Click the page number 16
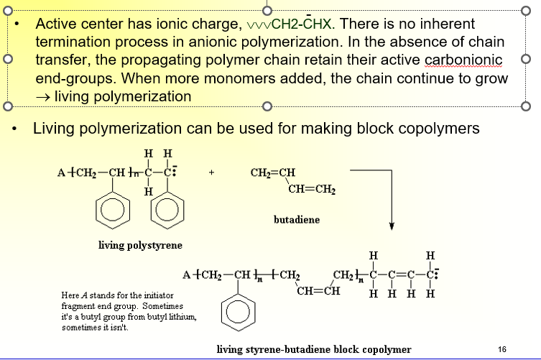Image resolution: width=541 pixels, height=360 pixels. pos(502,349)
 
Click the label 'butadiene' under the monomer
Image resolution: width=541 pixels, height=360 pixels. pos(297,220)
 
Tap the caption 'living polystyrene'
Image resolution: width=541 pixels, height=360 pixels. pos(140,245)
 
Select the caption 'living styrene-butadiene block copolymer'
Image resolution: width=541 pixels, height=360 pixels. pos(314,349)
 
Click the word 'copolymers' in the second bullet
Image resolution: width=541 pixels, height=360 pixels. pos(439,129)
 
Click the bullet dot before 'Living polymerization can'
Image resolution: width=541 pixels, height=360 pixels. pos(15,129)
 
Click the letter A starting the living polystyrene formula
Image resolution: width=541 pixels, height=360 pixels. pos(60,173)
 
